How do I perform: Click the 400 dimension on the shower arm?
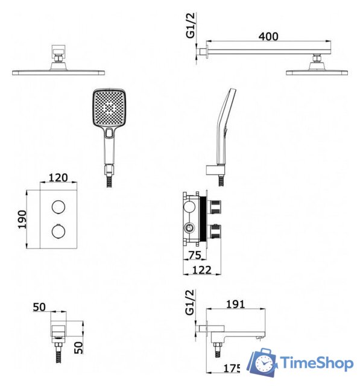(x=268, y=36)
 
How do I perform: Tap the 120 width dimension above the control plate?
(x=58, y=177)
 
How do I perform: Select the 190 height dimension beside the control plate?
(x=22, y=219)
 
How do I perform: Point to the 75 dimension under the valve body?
(x=195, y=255)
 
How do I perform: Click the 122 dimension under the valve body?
(x=201, y=270)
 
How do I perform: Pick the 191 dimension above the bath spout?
(x=236, y=304)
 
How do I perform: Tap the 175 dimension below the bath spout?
(x=232, y=369)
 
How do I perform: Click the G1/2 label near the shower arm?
(x=190, y=25)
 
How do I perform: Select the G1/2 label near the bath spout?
(x=190, y=302)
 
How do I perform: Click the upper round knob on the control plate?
(x=58, y=206)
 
